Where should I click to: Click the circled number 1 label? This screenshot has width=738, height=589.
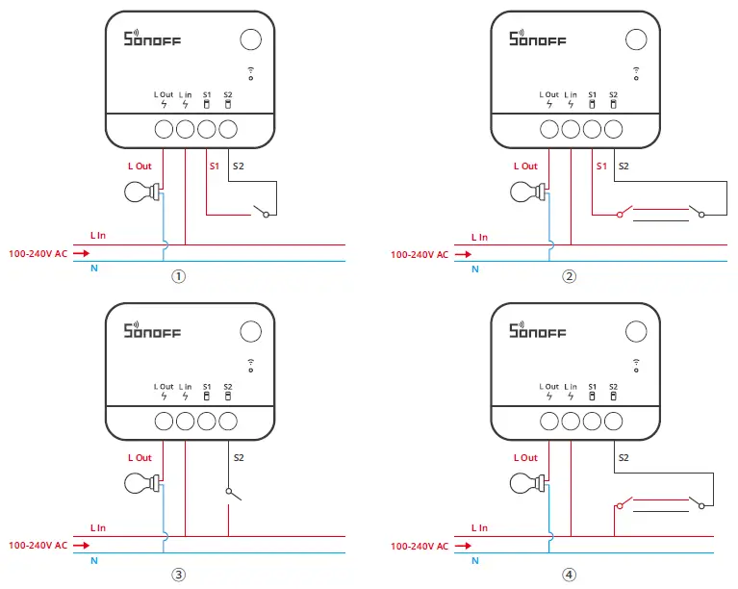click(179, 276)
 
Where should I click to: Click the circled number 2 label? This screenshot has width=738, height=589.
click(570, 276)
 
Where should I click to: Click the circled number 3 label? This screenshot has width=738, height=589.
click(179, 576)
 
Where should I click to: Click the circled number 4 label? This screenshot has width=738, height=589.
click(570, 576)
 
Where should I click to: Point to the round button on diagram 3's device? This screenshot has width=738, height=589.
click(249, 332)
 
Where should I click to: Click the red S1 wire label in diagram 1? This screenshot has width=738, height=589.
click(214, 166)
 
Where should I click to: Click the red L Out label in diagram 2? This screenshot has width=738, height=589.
click(525, 166)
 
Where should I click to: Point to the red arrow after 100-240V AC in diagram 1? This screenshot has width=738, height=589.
click(81, 255)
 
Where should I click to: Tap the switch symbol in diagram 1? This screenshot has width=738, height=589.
click(259, 211)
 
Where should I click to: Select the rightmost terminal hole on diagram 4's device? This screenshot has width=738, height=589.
click(614, 420)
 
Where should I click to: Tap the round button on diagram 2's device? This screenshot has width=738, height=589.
click(636, 39)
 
